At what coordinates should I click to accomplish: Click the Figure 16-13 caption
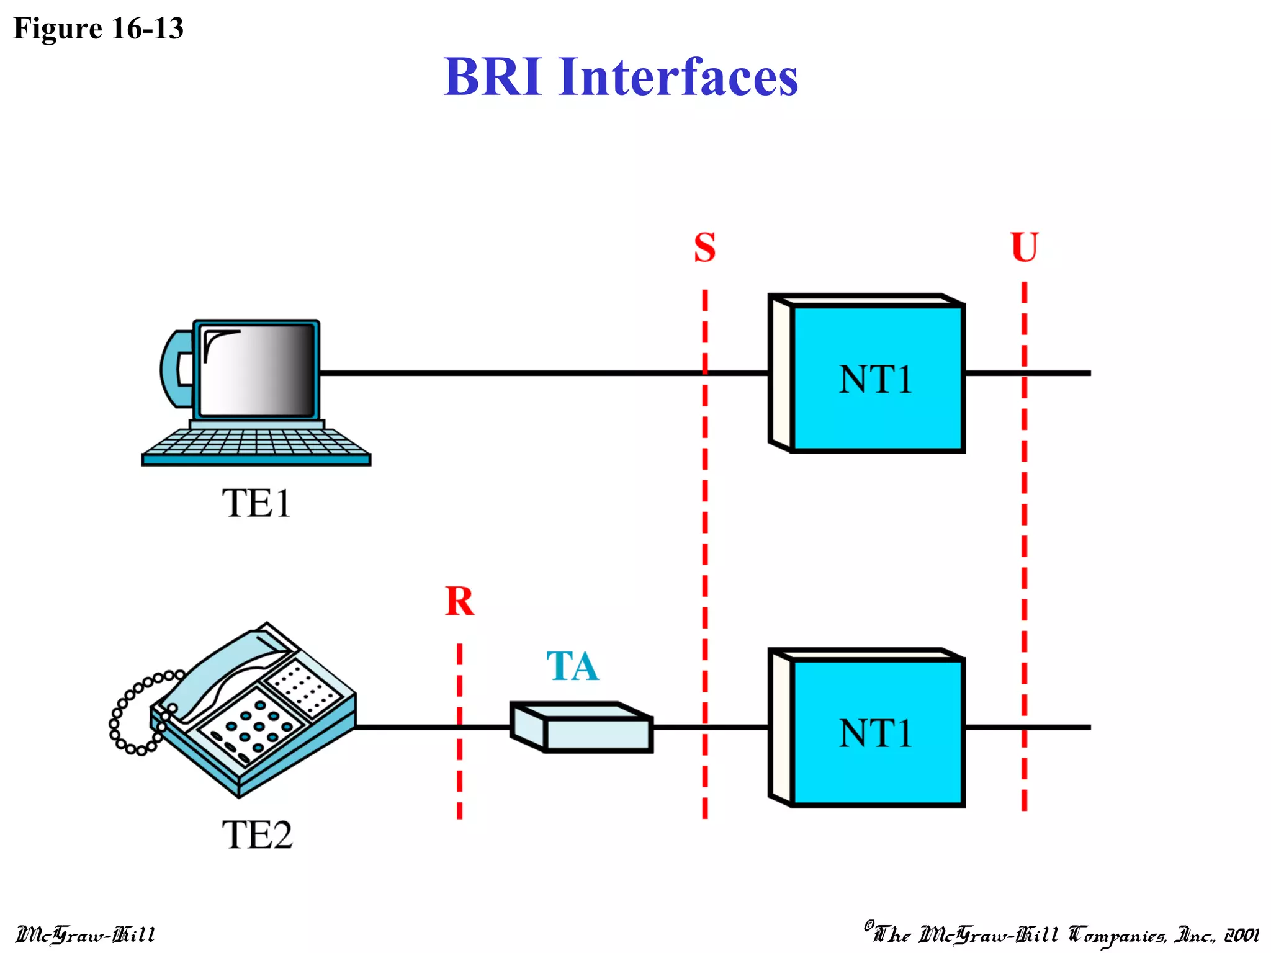pos(98,29)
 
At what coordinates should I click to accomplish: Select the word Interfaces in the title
pos(678,77)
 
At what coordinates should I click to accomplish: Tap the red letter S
pos(704,248)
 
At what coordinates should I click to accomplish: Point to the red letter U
pos(1024,248)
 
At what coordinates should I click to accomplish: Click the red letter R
pos(459,601)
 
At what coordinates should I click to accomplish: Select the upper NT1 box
pos(876,378)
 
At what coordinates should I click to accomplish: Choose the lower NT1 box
pos(876,733)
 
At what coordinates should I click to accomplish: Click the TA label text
pos(572,666)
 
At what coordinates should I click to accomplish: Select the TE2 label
pos(257,834)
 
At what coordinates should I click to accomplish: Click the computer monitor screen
pos(258,371)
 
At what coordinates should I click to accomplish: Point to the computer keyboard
pos(256,444)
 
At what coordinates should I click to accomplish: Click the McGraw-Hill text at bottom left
pos(85,934)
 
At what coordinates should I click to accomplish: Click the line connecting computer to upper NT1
pos(509,373)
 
